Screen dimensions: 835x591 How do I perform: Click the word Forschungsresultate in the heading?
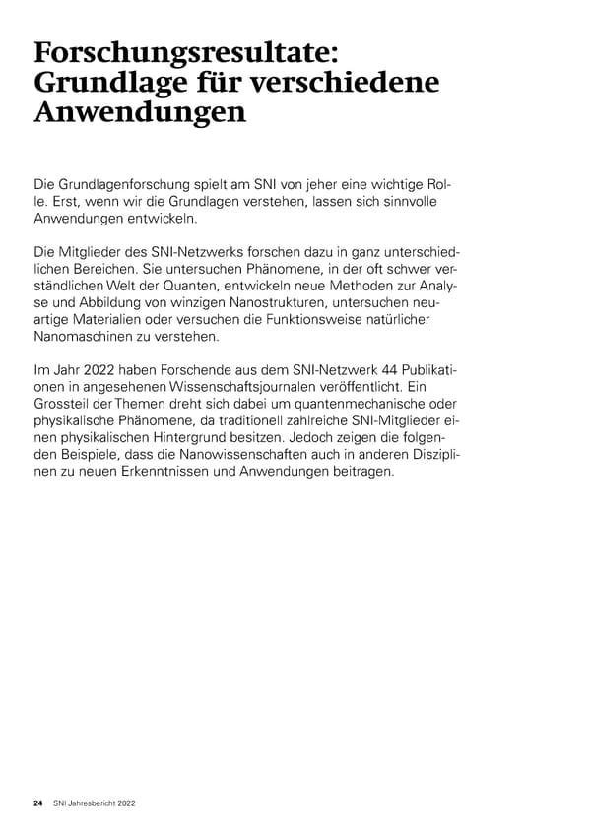click(186, 54)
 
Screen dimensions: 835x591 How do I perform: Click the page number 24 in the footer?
click(38, 804)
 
